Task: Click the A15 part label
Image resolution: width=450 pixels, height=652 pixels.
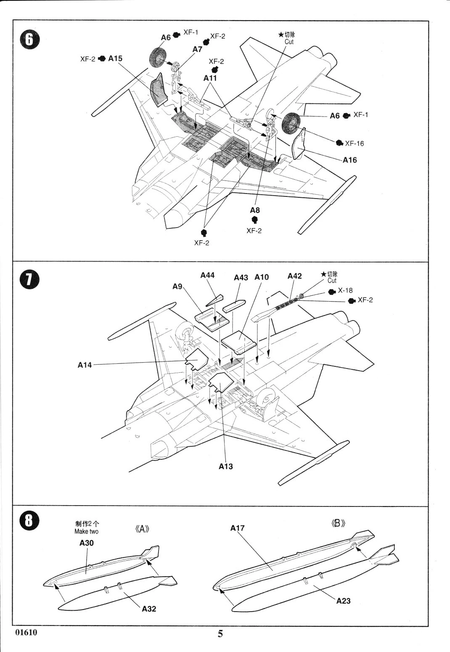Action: pyautogui.click(x=115, y=58)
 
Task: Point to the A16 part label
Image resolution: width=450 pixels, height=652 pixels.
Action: pyautogui.click(x=349, y=160)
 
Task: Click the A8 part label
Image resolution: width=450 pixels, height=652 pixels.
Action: pyautogui.click(x=255, y=210)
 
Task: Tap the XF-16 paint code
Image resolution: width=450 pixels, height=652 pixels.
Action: pyautogui.click(x=355, y=143)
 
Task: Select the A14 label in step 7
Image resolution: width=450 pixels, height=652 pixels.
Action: pyautogui.click(x=85, y=365)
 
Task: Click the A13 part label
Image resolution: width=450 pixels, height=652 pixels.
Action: pyautogui.click(x=226, y=466)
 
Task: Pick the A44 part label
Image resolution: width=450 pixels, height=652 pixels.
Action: pyautogui.click(x=207, y=275)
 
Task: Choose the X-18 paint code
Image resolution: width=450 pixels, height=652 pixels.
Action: pyautogui.click(x=345, y=290)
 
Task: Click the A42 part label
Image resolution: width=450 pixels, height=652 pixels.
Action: pyautogui.click(x=294, y=276)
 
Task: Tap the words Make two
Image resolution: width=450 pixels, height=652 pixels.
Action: pyautogui.click(x=86, y=532)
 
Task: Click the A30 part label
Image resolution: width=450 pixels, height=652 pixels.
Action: pyautogui.click(x=87, y=543)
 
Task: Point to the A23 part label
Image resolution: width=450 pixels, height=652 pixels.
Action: pyautogui.click(x=343, y=601)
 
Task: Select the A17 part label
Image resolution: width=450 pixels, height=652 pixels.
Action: pyautogui.click(x=237, y=528)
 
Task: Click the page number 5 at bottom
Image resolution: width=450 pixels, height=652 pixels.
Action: pyautogui.click(x=220, y=634)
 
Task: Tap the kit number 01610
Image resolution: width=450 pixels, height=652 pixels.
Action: pyautogui.click(x=26, y=632)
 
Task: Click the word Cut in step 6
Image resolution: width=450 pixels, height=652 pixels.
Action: pyautogui.click(x=289, y=42)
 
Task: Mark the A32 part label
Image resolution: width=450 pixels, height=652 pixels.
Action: pyautogui.click(x=149, y=609)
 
